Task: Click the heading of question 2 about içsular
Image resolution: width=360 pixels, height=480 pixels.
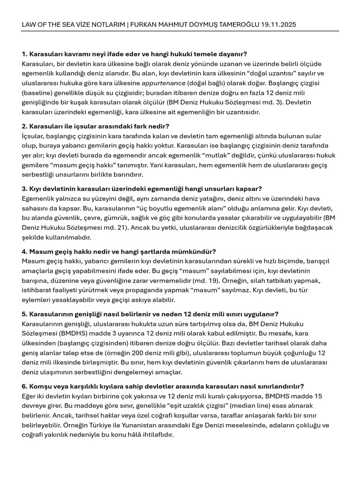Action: tap(95, 126)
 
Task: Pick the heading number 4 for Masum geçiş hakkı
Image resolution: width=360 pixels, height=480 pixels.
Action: tap(24, 251)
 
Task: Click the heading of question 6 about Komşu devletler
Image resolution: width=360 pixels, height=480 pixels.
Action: tap(163, 386)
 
